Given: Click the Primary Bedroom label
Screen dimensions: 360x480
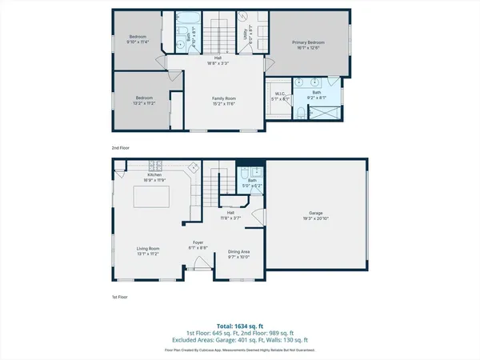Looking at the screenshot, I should pos(308,44).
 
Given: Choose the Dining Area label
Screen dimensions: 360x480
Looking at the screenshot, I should pos(239,254).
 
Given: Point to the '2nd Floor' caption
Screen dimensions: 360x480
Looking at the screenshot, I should pos(121,148).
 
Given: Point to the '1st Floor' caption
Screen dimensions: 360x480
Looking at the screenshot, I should pos(120,296).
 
